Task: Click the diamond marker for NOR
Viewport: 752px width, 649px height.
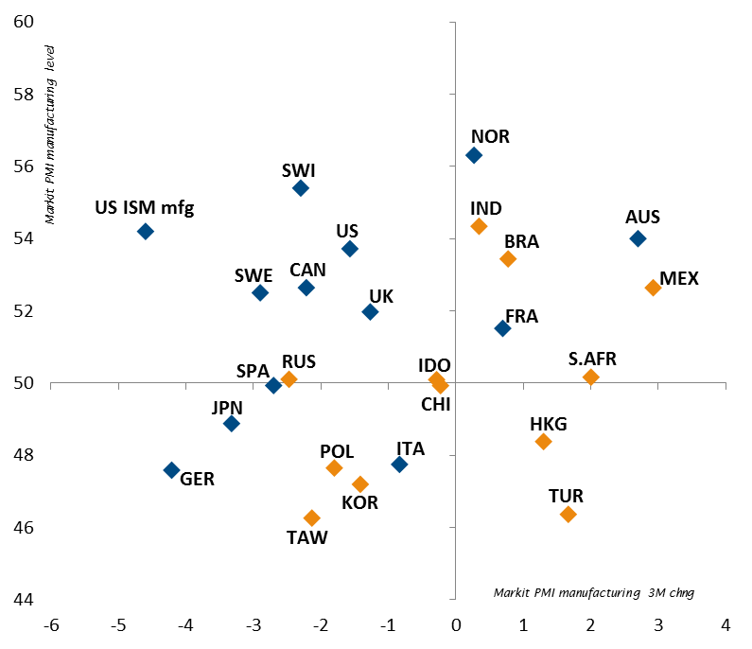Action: (x=474, y=155)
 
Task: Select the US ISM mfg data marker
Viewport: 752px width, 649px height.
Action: (x=145, y=231)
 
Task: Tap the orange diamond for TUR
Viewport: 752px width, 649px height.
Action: (x=568, y=514)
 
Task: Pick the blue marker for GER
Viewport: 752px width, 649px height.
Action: (x=171, y=469)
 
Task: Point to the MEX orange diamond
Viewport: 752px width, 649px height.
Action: (x=653, y=288)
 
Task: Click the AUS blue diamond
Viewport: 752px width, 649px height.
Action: (x=638, y=238)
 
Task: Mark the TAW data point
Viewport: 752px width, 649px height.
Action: (x=311, y=517)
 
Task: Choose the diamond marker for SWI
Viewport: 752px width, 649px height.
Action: (x=301, y=187)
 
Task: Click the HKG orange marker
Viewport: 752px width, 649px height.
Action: (x=543, y=441)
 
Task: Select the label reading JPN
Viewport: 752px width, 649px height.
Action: (x=227, y=408)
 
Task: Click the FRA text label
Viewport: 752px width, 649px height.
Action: (x=521, y=316)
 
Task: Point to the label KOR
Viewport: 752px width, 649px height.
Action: (x=359, y=503)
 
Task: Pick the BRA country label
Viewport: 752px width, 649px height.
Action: (x=521, y=241)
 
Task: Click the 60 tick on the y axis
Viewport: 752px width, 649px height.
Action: (x=24, y=22)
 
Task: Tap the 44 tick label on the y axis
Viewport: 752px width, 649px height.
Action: (x=24, y=600)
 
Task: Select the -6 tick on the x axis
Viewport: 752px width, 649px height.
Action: (x=53, y=625)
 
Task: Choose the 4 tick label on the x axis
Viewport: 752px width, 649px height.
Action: (x=726, y=625)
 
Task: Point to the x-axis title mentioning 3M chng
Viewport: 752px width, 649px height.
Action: (x=601, y=592)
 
